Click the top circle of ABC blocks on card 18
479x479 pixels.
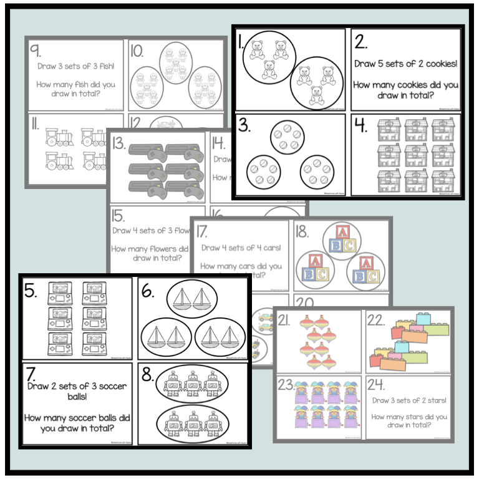[x=340, y=239]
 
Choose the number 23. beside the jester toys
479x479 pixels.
[x=286, y=384]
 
